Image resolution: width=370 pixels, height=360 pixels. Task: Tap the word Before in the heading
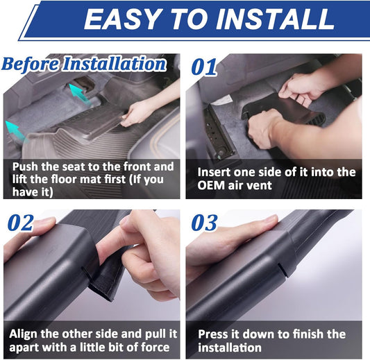(31, 64)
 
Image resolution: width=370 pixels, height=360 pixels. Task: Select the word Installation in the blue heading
(115, 64)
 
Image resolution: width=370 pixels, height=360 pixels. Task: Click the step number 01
(204, 67)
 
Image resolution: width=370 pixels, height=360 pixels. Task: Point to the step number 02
(21, 223)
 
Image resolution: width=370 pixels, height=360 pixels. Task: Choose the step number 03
(204, 223)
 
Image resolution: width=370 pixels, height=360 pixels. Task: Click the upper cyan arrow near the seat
(79, 93)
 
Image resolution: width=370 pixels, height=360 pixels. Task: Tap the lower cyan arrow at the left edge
(16, 131)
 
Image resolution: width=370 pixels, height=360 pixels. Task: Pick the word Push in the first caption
(25, 166)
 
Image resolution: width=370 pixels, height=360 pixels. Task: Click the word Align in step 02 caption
(23, 334)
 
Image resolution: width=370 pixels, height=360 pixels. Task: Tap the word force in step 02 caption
(155, 348)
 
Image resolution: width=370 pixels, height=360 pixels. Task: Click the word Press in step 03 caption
(211, 334)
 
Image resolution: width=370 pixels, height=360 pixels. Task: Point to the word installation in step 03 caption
(230, 348)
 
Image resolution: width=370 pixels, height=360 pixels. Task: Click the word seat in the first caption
(73, 166)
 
